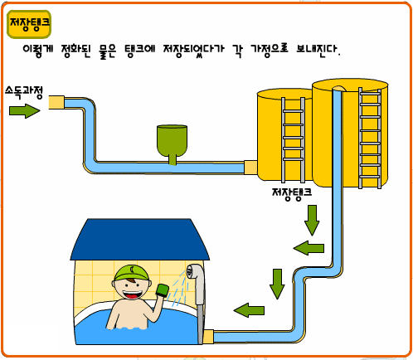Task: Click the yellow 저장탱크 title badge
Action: tap(29, 24)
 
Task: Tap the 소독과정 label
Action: tap(24, 93)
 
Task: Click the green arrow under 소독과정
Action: tap(25, 111)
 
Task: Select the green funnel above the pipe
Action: tap(172, 144)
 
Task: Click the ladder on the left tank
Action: tap(293, 139)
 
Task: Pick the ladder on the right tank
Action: tap(370, 138)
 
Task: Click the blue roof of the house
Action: tap(139, 240)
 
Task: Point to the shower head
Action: tap(194, 272)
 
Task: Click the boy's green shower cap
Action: tap(131, 273)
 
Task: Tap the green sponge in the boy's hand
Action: tap(163, 290)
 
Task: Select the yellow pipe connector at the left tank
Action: tap(250, 168)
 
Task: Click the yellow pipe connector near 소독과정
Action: tap(56, 102)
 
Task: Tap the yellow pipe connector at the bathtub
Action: tap(208, 337)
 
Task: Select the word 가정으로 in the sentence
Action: tap(270, 51)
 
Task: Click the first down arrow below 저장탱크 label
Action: tap(312, 220)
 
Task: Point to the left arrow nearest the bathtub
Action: tap(249, 310)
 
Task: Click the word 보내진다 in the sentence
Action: tap(318, 50)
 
